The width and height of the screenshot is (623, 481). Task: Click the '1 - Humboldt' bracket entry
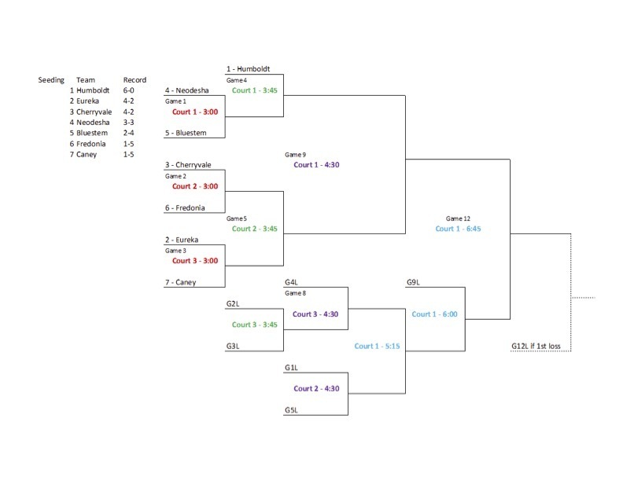(x=248, y=69)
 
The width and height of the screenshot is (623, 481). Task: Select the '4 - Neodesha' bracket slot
(x=186, y=90)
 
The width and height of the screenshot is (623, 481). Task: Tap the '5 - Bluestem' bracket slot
(x=186, y=133)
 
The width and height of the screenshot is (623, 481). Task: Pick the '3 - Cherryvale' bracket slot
(x=188, y=165)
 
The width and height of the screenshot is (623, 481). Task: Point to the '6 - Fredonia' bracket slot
(x=186, y=207)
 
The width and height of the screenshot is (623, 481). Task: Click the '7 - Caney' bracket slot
(x=181, y=282)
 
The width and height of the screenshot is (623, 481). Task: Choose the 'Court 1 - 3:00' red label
(x=195, y=112)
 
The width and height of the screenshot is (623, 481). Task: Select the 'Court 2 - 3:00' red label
(x=195, y=186)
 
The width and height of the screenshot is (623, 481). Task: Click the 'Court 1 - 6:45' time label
(x=458, y=229)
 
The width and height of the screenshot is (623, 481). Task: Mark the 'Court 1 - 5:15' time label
(x=378, y=346)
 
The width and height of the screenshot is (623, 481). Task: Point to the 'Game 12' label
(x=458, y=218)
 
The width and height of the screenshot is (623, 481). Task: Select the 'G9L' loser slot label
(x=414, y=282)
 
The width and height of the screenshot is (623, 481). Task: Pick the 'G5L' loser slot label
(x=292, y=409)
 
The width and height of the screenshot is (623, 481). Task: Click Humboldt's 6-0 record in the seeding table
(x=130, y=90)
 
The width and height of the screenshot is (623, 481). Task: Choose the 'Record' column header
(x=135, y=80)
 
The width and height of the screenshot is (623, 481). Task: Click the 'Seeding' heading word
(x=52, y=80)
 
